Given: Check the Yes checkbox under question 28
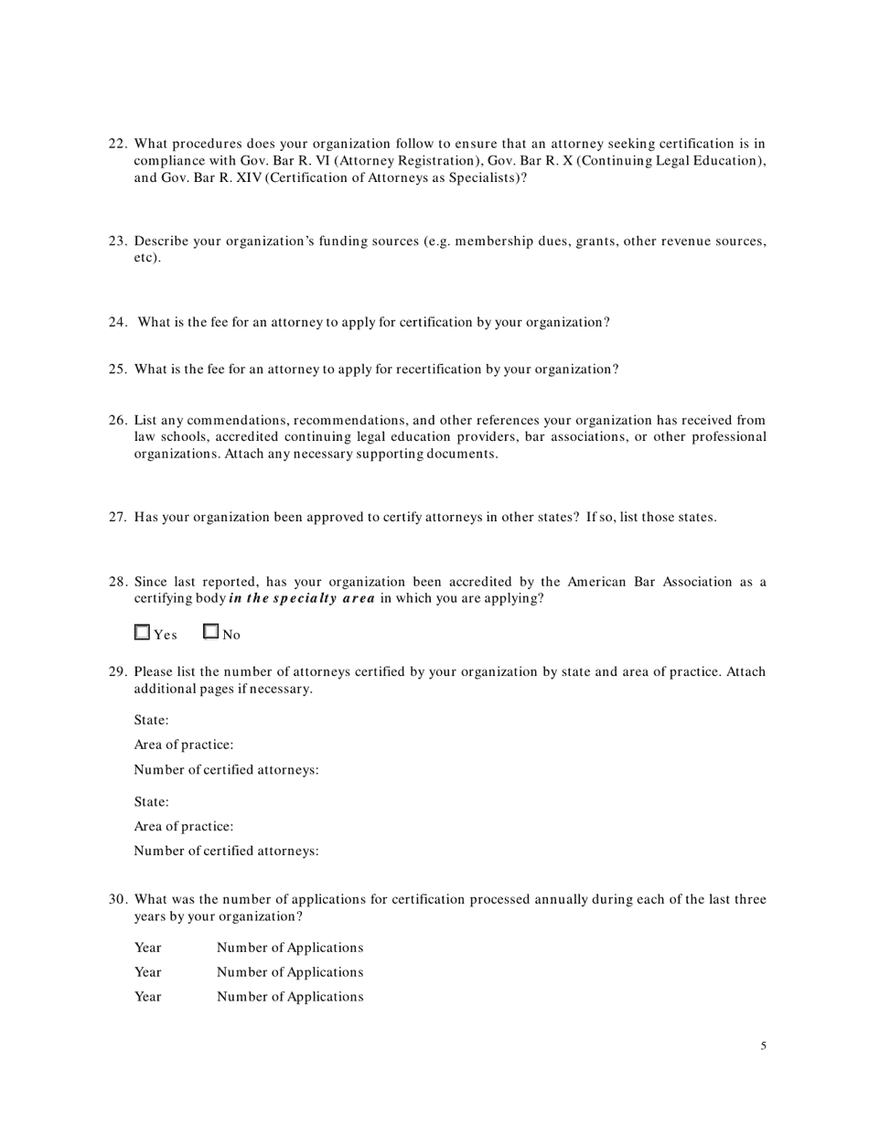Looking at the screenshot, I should (x=142, y=632).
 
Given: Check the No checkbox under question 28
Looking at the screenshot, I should (x=211, y=631).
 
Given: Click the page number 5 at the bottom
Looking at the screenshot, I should (x=763, y=1046).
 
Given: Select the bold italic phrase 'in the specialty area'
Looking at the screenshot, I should (x=302, y=599).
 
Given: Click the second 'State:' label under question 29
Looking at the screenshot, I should (x=152, y=802).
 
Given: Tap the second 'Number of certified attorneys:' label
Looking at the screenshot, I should (x=226, y=852).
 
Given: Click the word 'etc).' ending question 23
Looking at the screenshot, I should (x=147, y=258).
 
